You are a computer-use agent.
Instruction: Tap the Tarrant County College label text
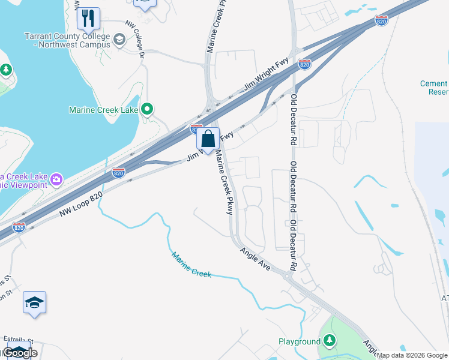point(67,37)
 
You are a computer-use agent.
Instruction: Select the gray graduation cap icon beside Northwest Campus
point(119,40)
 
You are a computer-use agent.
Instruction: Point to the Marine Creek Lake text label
point(104,110)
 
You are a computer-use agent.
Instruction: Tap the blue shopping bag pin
point(208,139)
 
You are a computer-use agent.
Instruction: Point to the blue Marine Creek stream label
point(191,265)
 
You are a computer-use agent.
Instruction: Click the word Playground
point(300,341)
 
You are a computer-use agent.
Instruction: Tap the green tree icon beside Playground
point(329,341)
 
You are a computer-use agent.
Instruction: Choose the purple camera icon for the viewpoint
point(56,179)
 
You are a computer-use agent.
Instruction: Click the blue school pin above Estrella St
point(35,303)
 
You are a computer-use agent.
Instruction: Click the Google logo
point(20,353)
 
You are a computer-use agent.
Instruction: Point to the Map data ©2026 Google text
point(412,355)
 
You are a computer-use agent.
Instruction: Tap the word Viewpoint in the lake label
point(28,185)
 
